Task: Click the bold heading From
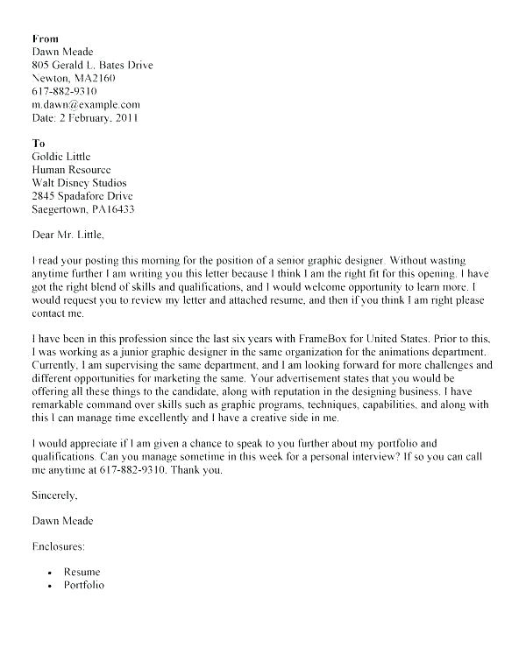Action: coord(45,39)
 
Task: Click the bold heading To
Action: coord(38,143)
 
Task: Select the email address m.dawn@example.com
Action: coord(86,104)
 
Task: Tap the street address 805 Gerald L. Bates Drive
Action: coord(94,65)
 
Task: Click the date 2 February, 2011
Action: coord(97,117)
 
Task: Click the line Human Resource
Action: coord(71,170)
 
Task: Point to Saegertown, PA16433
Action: coord(83,209)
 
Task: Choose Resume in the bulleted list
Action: coord(82,572)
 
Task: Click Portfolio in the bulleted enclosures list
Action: coord(83,584)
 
